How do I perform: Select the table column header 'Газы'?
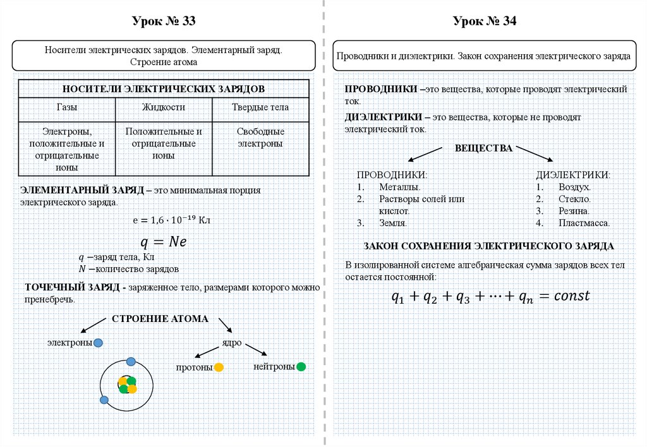coord(67,107)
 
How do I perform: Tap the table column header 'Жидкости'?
coord(164,107)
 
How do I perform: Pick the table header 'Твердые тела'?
coord(260,107)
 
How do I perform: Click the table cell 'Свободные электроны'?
coord(260,138)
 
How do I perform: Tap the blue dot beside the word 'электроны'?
coord(98,343)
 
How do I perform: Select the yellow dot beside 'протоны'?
coord(219,367)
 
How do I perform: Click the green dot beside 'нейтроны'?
coord(301,366)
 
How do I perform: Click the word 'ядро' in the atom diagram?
coord(231,342)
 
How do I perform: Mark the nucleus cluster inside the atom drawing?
coord(128,384)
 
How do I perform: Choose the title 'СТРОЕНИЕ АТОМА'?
coord(160,319)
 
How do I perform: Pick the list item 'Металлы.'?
coord(400,187)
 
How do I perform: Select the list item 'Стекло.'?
coord(574,199)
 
